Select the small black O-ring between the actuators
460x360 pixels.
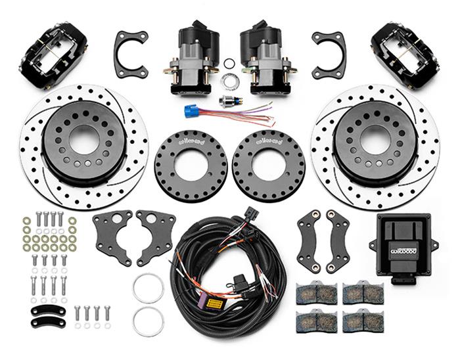point(229,64)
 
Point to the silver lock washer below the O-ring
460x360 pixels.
point(229,81)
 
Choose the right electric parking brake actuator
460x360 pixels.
point(265,56)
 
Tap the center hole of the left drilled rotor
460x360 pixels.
point(84,141)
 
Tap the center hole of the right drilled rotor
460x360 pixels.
point(375,140)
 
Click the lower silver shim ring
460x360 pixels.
point(148,321)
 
